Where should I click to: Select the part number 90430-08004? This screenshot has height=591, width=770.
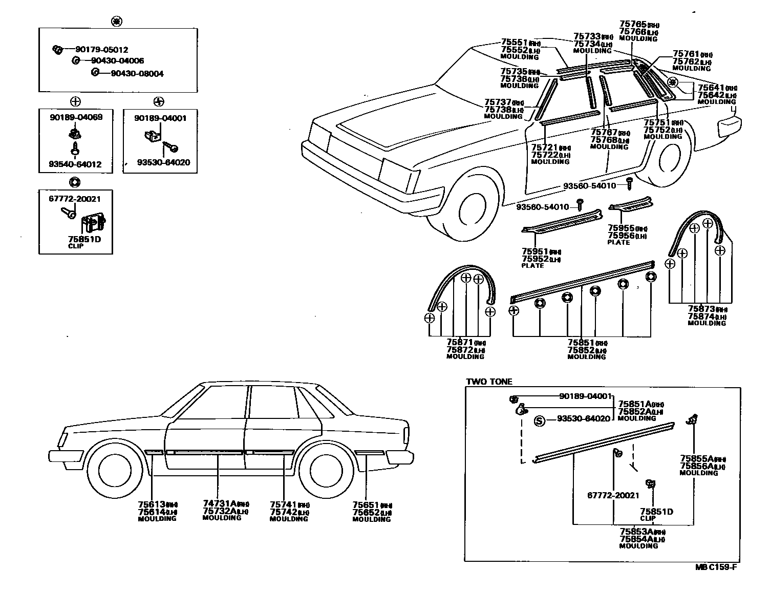point(137,74)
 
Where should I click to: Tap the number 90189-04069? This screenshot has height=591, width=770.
point(76,117)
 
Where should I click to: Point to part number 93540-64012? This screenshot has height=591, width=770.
point(75,164)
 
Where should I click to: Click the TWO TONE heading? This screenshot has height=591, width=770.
point(489,382)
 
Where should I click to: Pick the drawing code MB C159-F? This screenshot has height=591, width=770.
point(716,566)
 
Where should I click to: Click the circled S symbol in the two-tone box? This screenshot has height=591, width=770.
point(539,421)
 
